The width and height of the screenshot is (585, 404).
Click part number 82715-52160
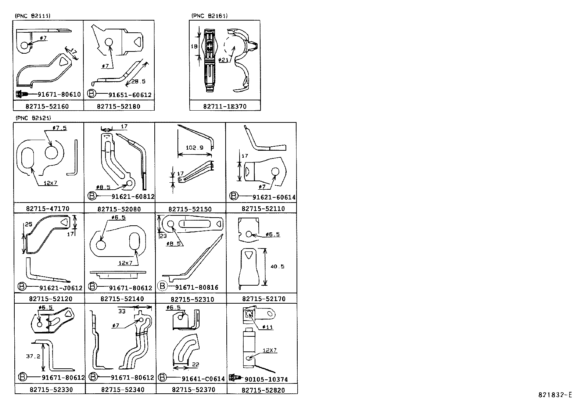47,106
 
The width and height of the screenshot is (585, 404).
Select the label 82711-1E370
225,107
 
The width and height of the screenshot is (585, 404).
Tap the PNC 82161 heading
209,15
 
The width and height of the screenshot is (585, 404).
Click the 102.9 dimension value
194,148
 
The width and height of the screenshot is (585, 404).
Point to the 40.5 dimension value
277,267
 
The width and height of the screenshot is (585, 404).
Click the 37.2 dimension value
33,356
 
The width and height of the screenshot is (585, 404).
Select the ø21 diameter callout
223,60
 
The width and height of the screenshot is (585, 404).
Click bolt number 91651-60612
130,95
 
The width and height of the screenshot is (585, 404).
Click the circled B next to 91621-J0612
22,287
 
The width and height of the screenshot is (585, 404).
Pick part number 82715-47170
47,208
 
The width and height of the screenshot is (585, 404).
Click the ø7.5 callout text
60,128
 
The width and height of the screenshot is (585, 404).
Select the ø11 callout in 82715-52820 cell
268,327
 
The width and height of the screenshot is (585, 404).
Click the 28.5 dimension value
138,82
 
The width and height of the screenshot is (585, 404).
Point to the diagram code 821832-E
555,395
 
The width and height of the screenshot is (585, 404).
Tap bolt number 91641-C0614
203,379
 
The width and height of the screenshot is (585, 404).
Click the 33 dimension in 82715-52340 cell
122,311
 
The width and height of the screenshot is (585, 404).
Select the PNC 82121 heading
33,118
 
